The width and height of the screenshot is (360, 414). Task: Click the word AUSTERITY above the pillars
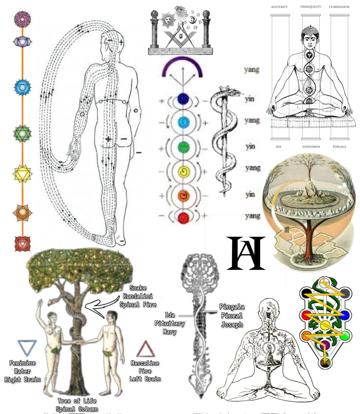(x=279, y=7)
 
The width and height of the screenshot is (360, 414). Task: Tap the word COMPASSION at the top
(x=339, y=7)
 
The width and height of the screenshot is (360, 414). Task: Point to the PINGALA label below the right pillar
(x=339, y=147)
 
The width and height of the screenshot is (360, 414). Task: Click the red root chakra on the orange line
(x=22, y=243)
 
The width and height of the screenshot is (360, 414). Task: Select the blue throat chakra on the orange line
(x=22, y=87)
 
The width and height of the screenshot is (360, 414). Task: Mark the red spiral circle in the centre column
(x=183, y=217)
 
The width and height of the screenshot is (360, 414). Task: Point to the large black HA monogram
(x=246, y=253)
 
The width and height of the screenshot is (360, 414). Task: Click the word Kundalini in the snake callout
(x=138, y=296)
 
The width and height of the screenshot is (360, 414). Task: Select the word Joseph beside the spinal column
(x=232, y=324)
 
